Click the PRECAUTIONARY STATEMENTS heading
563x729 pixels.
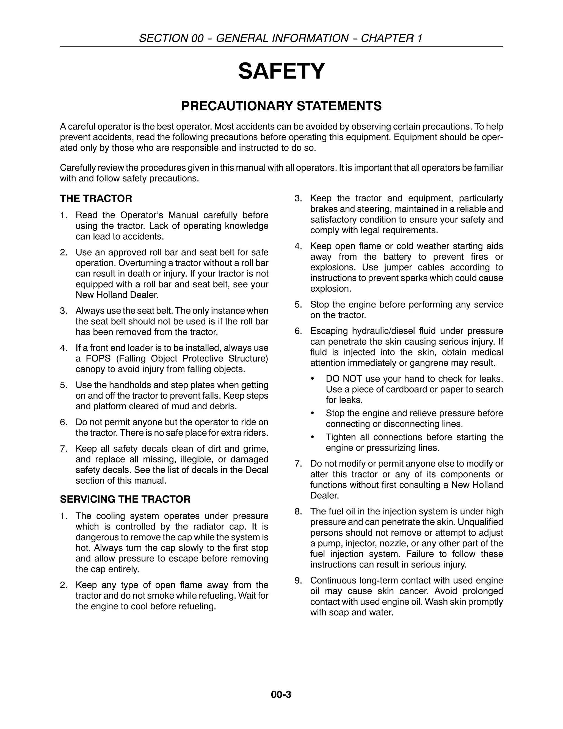click(281, 106)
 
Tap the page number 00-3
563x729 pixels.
click(281, 694)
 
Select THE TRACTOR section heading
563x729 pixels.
click(96, 199)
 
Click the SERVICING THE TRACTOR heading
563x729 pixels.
click(125, 499)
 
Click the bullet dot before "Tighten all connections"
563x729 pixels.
click(312, 437)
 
